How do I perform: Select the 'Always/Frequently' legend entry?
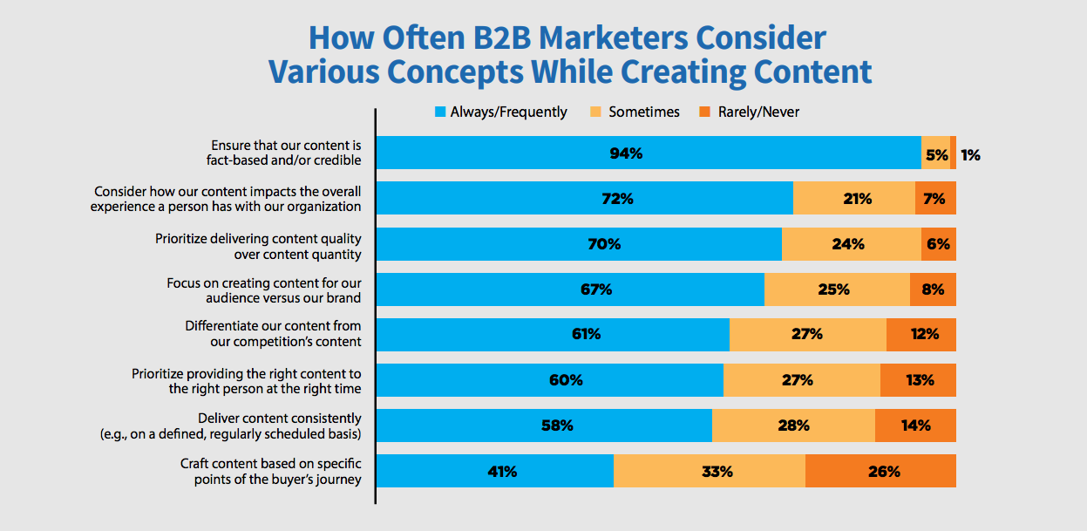[500, 112]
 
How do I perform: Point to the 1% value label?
[970, 154]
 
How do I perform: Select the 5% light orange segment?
[935, 153]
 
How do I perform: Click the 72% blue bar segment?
[584, 199]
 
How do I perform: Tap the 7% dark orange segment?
[935, 199]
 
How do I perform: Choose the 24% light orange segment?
[851, 244]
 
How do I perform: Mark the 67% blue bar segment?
[570, 289]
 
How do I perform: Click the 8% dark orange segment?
[933, 289]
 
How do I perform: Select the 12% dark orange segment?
[921, 334]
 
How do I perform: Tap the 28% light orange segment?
[793, 425]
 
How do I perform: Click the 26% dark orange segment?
[880, 471]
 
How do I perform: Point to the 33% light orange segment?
[710, 471]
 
